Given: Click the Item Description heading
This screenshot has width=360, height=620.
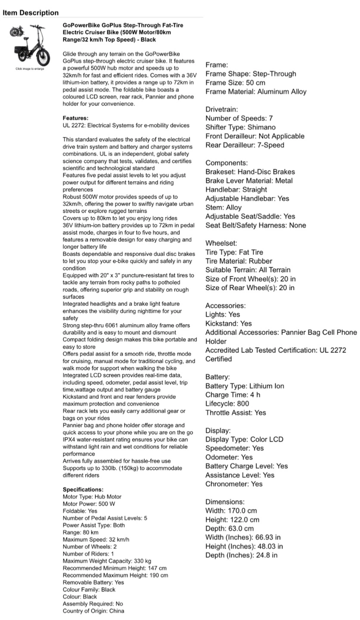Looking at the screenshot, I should tap(31, 12).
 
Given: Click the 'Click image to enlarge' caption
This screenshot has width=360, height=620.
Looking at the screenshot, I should tap(30, 69).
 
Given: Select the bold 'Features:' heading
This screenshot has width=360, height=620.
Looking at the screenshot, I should tap(75, 118).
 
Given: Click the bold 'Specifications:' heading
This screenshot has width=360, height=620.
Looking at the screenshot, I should tap(83, 490).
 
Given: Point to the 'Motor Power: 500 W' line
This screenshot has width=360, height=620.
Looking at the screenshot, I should tap(89, 504).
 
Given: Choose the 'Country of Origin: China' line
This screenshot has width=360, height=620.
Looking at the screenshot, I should tap(93, 611).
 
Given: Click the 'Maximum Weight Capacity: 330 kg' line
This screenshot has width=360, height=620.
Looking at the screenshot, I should tap(107, 561).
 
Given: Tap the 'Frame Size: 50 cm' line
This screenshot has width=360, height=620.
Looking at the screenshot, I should tap(235, 83).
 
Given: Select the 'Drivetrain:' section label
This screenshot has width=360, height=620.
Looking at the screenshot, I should tap(221, 109).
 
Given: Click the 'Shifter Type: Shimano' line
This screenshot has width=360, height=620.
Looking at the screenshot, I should tap(240, 127).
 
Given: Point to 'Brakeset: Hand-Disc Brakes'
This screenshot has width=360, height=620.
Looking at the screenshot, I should tap(250, 172).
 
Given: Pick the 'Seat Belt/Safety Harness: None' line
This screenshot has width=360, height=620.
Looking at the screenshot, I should tap(256, 225).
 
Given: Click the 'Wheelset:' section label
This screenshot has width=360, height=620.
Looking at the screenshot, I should tap(221, 243).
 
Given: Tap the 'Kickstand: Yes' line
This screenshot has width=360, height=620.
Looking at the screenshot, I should tap(229, 323).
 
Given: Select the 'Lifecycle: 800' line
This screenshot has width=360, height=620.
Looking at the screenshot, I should tap(227, 403).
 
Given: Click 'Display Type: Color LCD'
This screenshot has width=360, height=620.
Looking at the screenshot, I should tap(244, 439).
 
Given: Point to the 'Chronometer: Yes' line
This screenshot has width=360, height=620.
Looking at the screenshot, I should tap(234, 484).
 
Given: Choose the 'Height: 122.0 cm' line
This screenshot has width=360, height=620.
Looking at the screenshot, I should tap(232, 520).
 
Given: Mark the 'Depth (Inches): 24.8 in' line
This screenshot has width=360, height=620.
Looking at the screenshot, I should tap(241, 555).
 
